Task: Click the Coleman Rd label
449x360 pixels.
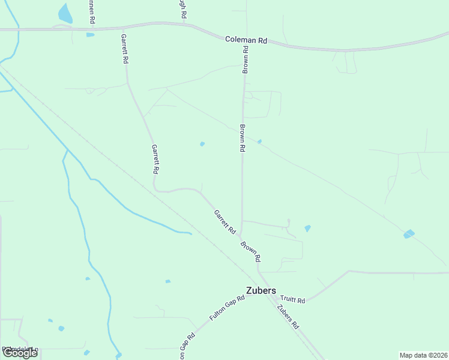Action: [x=246, y=40]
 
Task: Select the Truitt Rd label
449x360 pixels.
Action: [x=293, y=300]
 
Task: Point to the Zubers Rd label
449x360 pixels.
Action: [x=288, y=317]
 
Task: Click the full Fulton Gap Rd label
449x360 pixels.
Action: [x=228, y=307]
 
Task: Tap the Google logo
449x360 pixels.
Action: [x=20, y=353]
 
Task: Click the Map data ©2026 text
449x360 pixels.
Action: [x=423, y=355]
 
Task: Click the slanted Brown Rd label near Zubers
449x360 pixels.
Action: [x=251, y=251]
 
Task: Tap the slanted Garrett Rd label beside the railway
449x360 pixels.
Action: [x=225, y=221]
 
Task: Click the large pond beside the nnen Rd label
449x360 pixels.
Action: [x=64, y=13]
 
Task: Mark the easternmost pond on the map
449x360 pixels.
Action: [x=409, y=234]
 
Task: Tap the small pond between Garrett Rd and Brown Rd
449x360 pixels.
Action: [x=202, y=144]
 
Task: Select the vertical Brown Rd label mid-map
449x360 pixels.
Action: [x=243, y=138]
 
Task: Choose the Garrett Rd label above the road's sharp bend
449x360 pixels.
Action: [x=155, y=159]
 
